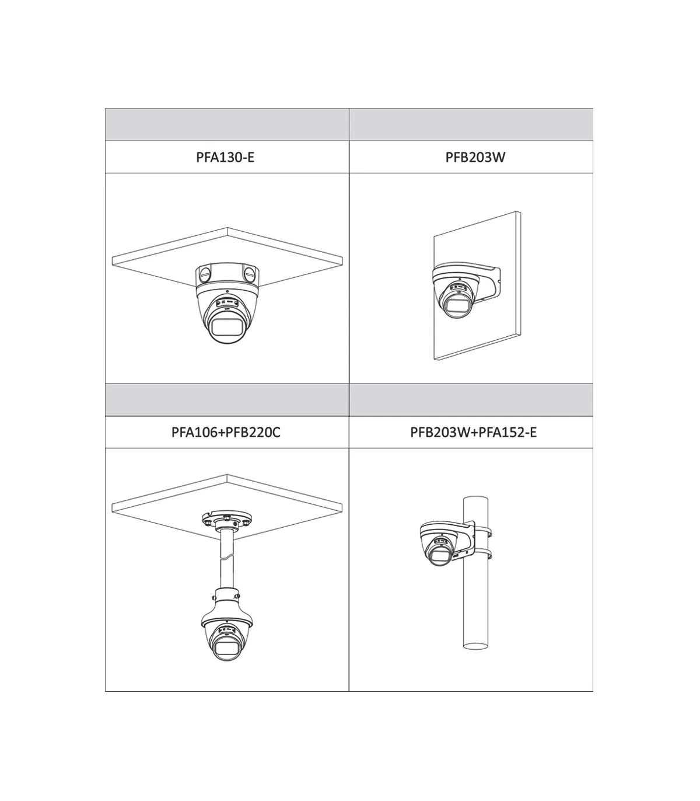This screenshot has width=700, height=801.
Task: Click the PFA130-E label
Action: (x=225, y=158)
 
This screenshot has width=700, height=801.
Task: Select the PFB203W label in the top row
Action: (x=475, y=158)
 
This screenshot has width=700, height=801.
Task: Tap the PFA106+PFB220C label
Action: (x=226, y=432)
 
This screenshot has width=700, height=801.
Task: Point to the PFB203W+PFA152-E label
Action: (x=473, y=432)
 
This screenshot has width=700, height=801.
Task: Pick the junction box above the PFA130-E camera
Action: (x=227, y=276)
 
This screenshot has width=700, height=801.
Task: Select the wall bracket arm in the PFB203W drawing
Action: (x=487, y=283)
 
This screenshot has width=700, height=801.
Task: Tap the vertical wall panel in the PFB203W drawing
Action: (x=477, y=286)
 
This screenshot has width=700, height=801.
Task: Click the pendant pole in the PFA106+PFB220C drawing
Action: (x=227, y=559)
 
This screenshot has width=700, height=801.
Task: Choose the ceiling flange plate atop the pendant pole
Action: (x=227, y=519)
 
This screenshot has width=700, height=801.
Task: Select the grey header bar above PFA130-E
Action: (x=227, y=124)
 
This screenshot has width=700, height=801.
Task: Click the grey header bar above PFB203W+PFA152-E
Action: (x=471, y=400)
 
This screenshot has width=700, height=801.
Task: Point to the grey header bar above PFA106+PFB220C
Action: (x=227, y=400)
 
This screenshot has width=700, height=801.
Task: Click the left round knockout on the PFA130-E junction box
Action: (x=204, y=274)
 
